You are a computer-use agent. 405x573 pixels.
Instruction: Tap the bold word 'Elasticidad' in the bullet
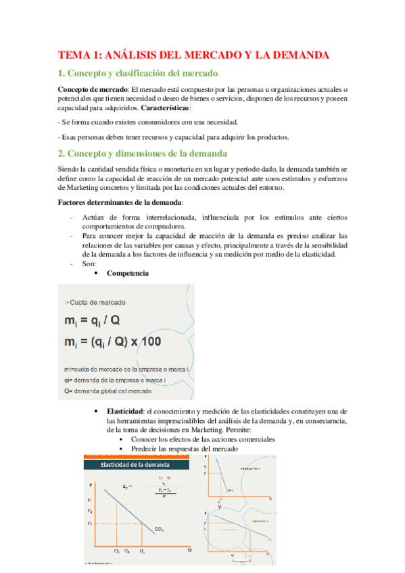coord(125,412)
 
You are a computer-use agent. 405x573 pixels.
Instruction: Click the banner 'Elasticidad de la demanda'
coord(135,465)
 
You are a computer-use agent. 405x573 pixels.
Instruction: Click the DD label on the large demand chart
coord(158,528)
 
